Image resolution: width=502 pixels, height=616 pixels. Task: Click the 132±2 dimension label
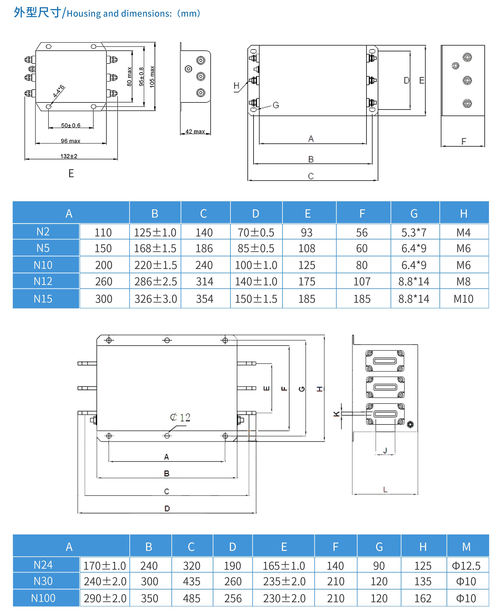click(x=69, y=156)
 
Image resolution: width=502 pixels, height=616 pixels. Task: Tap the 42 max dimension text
click(x=195, y=132)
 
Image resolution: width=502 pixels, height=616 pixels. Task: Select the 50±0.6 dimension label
click(x=71, y=125)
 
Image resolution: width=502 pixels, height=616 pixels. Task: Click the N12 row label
click(x=43, y=281)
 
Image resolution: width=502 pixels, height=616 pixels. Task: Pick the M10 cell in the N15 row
click(x=463, y=299)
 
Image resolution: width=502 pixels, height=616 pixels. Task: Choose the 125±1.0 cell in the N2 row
click(x=155, y=233)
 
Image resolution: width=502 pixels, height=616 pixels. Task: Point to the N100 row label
click(x=43, y=598)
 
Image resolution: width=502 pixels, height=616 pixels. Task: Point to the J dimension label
click(x=385, y=450)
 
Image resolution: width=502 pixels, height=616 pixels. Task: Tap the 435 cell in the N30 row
click(x=191, y=581)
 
